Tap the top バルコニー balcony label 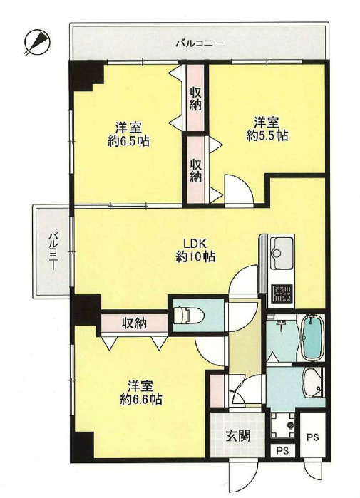coord(199,43)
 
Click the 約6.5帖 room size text coord(128,141)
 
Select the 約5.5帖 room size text coord(267,135)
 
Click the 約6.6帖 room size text coord(141,398)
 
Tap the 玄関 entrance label coord(238,436)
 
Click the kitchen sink coord(281,252)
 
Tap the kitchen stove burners coord(282,294)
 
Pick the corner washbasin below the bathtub coord(313,383)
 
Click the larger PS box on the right coord(313,437)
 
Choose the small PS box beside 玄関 coord(282,451)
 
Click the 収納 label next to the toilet coord(135,323)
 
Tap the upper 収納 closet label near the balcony coord(195,99)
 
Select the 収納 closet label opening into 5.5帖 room coord(196,170)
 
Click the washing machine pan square coord(282,425)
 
